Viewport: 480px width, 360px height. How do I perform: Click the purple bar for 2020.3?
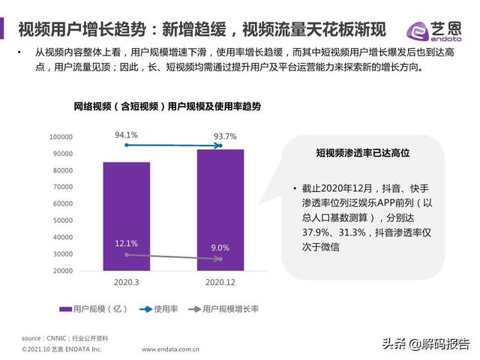tap(126, 216)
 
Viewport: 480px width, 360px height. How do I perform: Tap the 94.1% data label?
tap(126, 136)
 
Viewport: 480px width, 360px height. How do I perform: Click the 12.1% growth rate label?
tap(126, 244)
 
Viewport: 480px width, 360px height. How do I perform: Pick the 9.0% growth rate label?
tap(220, 247)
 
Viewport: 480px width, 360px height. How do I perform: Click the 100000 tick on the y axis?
tap(61, 137)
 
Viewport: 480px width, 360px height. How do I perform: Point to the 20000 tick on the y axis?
tap(63, 271)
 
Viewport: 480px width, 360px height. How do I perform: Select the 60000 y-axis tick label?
tap(63, 204)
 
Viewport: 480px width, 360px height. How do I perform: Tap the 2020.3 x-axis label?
tap(126, 283)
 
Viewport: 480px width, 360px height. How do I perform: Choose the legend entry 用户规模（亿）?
tap(97, 309)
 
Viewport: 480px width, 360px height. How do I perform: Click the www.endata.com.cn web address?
tap(171, 349)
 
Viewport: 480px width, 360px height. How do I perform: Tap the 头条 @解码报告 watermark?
tap(425, 344)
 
